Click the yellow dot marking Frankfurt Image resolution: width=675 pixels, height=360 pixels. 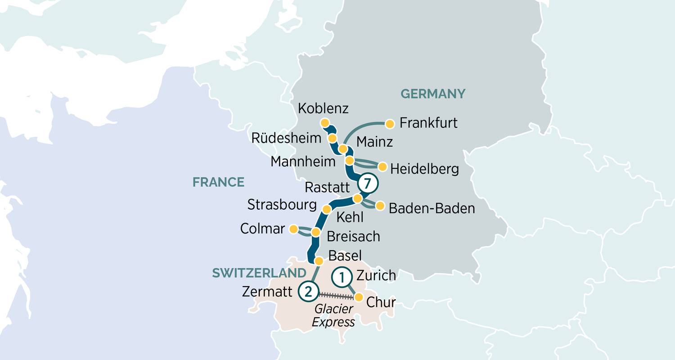[x=390, y=123]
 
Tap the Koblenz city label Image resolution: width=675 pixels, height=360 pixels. [x=323, y=109]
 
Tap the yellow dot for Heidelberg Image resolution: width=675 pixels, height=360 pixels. [x=382, y=167]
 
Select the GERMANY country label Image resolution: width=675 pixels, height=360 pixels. [x=432, y=94]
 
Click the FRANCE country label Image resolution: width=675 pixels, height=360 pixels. [x=218, y=182]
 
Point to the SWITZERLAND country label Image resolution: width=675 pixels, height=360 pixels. [x=259, y=273]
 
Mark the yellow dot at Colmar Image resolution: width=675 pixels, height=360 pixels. [x=293, y=229]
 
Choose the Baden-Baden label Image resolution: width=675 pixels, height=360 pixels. [x=432, y=208]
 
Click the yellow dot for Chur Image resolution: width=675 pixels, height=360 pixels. [x=359, y=297]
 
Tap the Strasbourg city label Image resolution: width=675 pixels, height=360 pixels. [x=282, y=205]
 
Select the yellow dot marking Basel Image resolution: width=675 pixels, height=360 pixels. [x=319, y=261]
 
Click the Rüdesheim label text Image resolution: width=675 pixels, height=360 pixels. [x=287, y=138]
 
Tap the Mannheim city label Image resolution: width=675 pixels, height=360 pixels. [x=303, y=161]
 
